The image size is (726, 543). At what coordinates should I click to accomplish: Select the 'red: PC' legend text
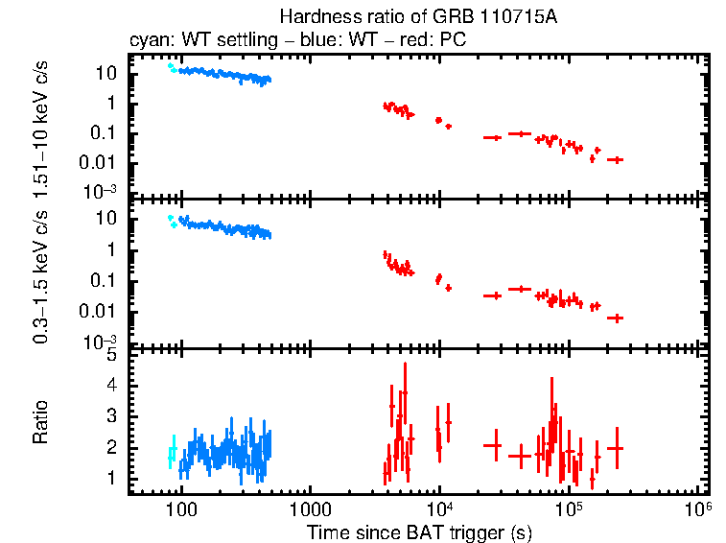click(x=437, y=41)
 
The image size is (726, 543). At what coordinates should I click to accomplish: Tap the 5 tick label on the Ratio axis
click(x=112, y=355)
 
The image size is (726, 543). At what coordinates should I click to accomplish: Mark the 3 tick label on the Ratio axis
click(x=112, y=416)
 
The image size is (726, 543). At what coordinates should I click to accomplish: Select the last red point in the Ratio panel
click(x=616, y=448)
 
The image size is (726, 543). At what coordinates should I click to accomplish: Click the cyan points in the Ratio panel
click(x=173, y=452)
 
